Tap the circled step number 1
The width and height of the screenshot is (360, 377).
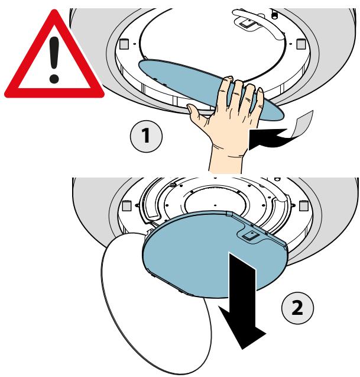point(146,136)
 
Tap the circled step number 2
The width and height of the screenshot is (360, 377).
point(297,308)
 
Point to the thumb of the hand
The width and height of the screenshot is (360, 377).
point(197,112)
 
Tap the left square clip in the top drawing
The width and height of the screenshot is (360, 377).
point(124,44)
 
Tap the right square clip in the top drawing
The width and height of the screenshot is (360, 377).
point(301,44)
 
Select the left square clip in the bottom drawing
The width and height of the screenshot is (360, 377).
point(127,206)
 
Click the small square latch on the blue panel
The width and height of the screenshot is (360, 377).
point(251,235)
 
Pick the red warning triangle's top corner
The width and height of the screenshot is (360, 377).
point(55,10)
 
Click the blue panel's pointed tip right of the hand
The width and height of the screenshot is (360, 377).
point(281,116)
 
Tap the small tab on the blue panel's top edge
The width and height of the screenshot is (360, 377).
point(229,214)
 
